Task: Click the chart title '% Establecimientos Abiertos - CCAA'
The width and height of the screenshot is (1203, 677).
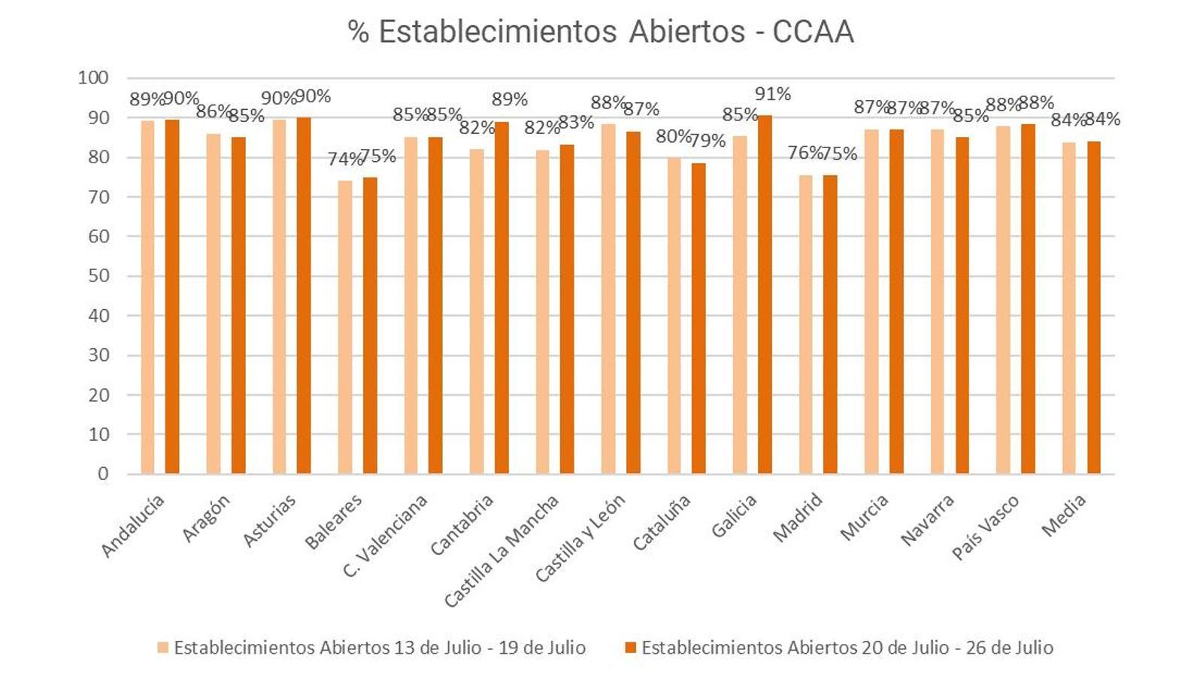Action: pos(601,32)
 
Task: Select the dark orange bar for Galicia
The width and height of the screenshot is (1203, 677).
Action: pos(765,294)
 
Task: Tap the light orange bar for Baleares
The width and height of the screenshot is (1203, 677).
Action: pos(345,326)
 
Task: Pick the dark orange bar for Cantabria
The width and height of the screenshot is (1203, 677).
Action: pos(502,297)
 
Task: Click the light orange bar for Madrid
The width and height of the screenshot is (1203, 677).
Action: pos(806,324)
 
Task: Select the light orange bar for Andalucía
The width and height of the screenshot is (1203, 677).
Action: pos(147,297)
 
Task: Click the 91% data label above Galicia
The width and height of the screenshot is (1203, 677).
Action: pos(773,95)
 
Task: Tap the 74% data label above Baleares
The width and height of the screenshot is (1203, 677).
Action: pos(344,159)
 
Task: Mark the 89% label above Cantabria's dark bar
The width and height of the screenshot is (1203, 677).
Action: pos(510,100)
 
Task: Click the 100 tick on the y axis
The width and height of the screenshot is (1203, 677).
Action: pos(93,77)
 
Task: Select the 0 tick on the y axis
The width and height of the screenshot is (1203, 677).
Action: pos(103,474)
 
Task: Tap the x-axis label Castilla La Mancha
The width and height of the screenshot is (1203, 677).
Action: pos(502,551)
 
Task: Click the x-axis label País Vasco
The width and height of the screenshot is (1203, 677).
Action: pos(986,527)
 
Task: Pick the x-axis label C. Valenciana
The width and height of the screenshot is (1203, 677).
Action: pos(386,536)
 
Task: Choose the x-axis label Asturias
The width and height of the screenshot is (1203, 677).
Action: pos(269,521)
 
